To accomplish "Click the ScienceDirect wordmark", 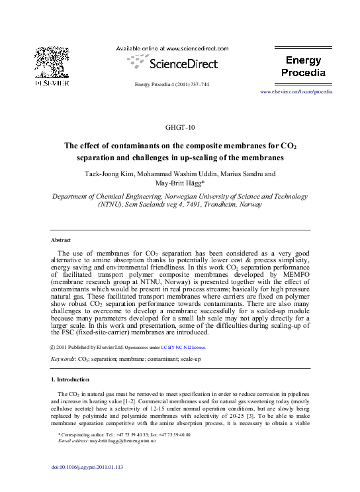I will (x=179, y=64).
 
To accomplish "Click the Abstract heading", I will (x=61, y=240).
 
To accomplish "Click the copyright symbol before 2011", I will (x=53, y=346).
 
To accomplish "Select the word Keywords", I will (x=63, y=358).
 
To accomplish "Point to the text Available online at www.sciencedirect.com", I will (x=173, y=49).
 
